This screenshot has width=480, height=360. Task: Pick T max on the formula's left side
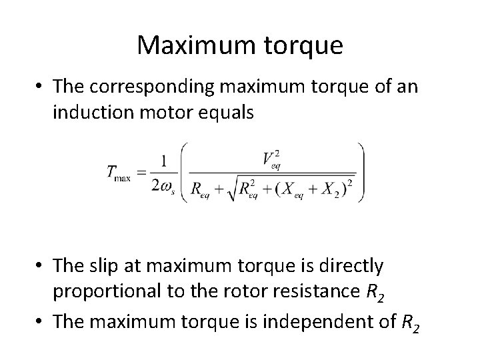tap(119, 172)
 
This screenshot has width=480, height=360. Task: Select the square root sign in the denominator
tap(229, 189)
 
